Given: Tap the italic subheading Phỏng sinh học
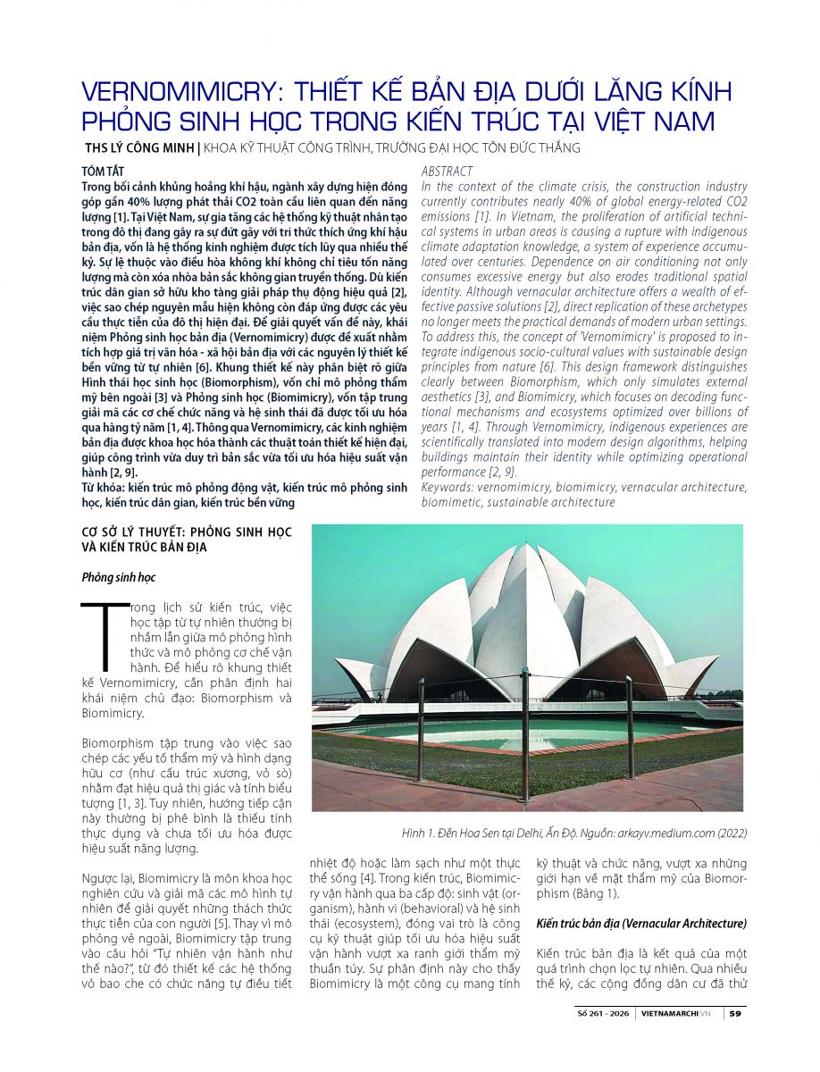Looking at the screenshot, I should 118,577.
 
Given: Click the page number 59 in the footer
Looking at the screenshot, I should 733,1013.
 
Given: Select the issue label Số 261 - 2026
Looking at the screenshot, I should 607,1013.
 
